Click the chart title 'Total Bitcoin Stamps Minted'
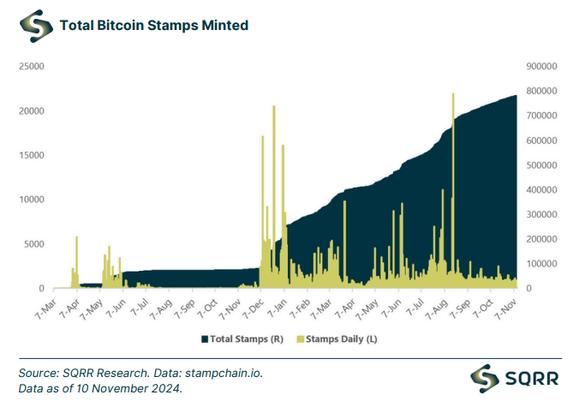(x=153, y=26)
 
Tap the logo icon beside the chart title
(x=34, y=26)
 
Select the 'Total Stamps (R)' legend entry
(x=243, y=339)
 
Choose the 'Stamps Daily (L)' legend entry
(x=337, y=339)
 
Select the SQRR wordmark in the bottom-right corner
(x=533, y=377)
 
